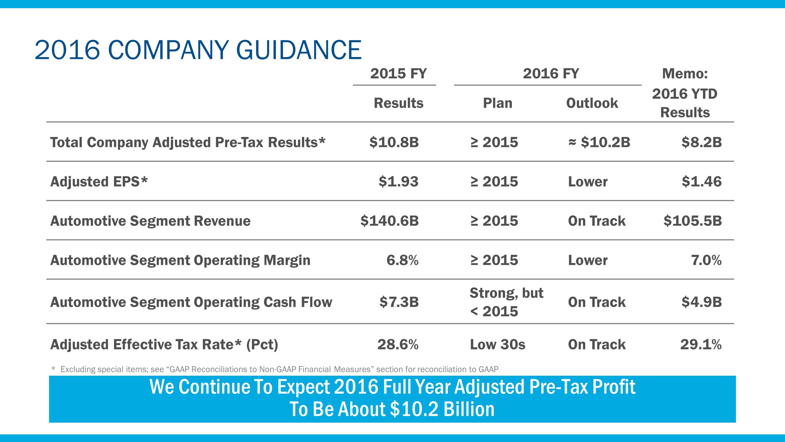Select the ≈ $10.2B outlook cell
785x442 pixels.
[599, 142]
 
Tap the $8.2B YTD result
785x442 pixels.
[702, 142]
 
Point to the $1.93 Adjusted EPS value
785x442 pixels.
[398, 181]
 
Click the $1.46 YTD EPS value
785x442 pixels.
[702, 181]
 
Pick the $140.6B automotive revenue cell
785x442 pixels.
[390, 220]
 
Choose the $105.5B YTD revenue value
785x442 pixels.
[693, 220]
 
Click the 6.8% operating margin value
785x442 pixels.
[402, 260]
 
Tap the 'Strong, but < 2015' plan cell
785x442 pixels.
[506, 302]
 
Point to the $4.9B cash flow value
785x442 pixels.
[702, 302]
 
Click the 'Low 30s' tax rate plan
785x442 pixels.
[498, 344]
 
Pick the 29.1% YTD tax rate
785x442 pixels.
[701, 344]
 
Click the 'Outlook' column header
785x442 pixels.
[592, 103]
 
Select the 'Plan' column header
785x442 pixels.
[498, 103]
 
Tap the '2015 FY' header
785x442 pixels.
[398, 73]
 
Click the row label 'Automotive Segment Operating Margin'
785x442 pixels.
[180, 260]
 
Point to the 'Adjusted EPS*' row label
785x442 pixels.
[99, 181]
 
